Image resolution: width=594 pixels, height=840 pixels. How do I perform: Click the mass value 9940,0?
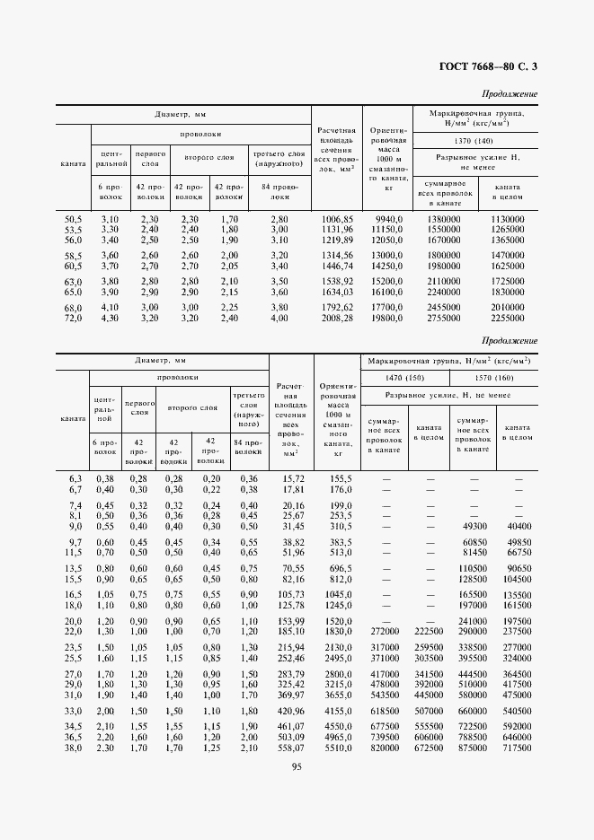coord(388,219)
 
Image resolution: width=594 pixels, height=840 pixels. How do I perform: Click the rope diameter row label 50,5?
coord(72,219)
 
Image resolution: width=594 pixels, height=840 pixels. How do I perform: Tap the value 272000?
coord(384,632)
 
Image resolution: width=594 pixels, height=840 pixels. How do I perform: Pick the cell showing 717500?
coord(516,748)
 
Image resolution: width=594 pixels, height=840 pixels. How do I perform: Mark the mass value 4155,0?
coord(336,709)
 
